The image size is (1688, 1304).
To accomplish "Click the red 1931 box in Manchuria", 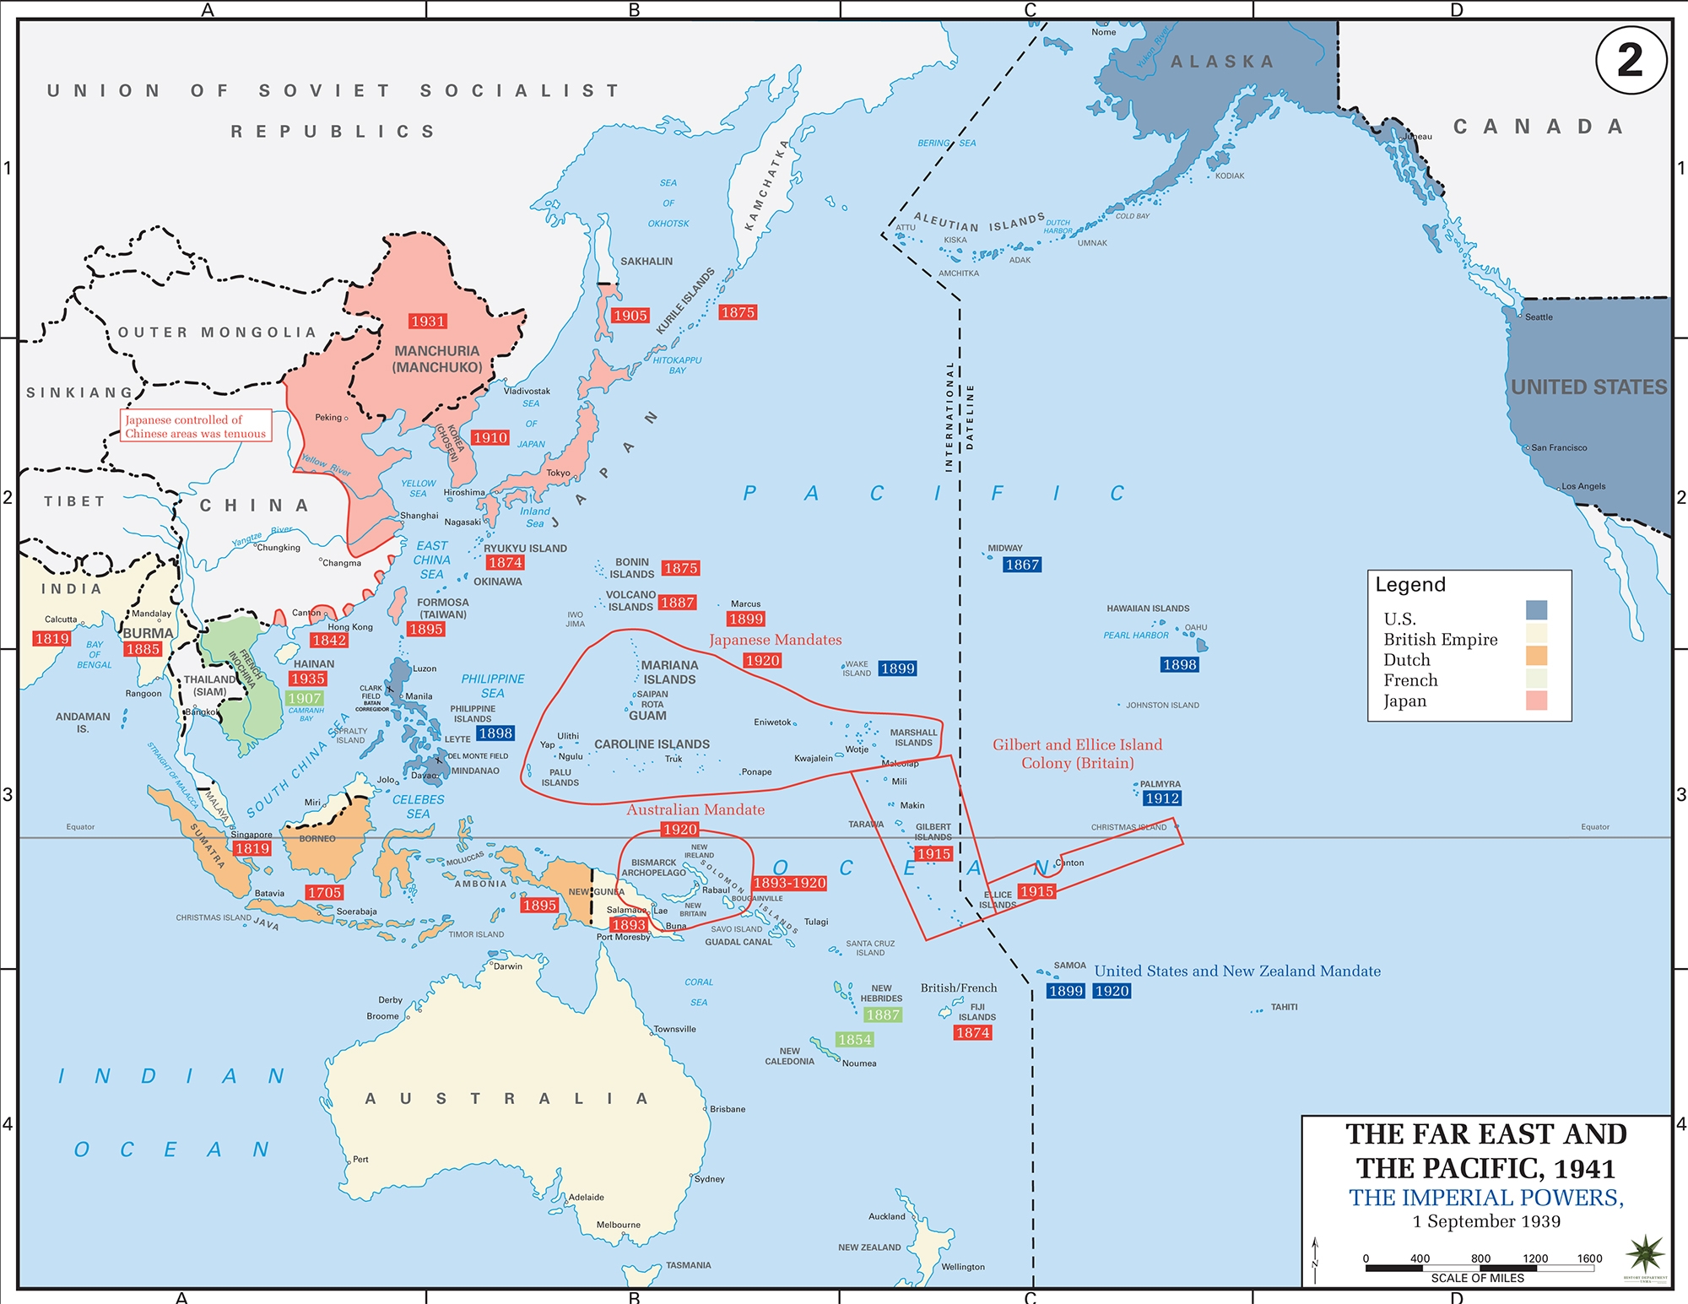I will coord(428,321).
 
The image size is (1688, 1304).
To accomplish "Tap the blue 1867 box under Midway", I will coord(1021,565).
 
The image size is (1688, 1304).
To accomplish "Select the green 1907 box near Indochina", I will coord(304,698).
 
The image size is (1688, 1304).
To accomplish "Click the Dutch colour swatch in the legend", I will coord(1536,657).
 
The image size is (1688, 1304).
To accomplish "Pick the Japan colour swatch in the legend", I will coord(1536,701).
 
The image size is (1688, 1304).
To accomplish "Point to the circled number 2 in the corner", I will coord(1631,60).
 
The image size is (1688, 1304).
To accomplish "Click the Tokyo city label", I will coord(558,473).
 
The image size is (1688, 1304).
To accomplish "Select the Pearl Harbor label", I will coord(1135,635).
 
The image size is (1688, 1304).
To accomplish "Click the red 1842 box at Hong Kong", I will coord(329,640).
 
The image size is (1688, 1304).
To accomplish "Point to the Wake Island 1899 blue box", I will coord(896,668).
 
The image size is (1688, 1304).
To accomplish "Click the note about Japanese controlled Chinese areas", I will coord(196,426).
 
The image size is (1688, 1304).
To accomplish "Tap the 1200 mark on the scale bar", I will coord(1534,1258).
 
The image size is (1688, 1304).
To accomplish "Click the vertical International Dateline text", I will coord(960,417).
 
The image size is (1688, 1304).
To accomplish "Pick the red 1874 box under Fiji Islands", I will coord(972,1032).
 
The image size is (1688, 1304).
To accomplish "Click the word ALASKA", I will coord(1222,62).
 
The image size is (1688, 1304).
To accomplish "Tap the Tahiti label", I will coord(1284,1007).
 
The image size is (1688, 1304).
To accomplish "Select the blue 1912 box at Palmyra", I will coord(1162,798).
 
